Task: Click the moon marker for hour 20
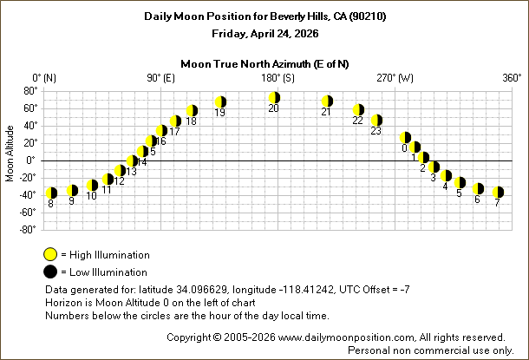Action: pyautogui.click(x=274, y=98)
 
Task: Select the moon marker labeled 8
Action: pyautogui.click(x=51, y=193)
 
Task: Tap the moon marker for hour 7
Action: pyautogui.click(x=498, y=192)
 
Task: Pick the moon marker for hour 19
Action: pyautogui.click(x=220, y=102)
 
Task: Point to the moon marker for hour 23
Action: pyautogui.click(x=376, y=121)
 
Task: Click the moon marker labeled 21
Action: pyautogui.click(x=327, y=101)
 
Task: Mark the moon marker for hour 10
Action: pyautogui.click(x=92, y=186)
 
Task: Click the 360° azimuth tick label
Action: pyautogui.click(x=512, y=77)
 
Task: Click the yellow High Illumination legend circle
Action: pyautogui.click(x=50, y=255)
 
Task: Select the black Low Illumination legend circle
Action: pyautogui.click(x=50, y=272)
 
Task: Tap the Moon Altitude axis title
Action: pyautogui.click(x=10, y=160)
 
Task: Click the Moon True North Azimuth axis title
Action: pyautogui.click(x=264, y=62)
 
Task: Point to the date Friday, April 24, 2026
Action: pyautogui.click(x=264, y=34)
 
